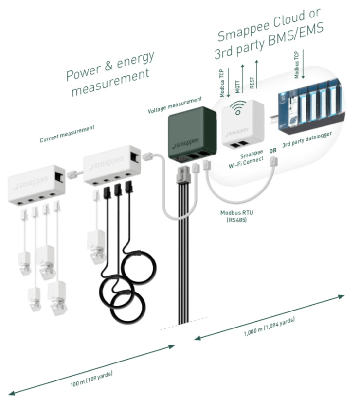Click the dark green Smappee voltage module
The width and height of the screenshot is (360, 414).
(x=193, y=135)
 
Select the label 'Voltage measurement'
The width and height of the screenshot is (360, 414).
(x=175, y=105)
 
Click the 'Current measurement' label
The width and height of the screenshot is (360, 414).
(x=67, y=134)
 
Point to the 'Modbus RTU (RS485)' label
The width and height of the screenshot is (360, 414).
(x=236, y=216)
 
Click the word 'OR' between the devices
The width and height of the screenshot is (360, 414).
(x=273, y=151)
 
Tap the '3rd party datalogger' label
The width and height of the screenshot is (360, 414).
(x=307, y=139)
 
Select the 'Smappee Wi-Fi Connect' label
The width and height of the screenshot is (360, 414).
(x=246, y=159)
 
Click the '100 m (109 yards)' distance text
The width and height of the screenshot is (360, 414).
(x=91, y=379)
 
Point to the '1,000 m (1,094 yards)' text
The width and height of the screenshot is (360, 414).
(x=269, y=327)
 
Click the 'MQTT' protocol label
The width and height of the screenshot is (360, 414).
(x=237, y=86)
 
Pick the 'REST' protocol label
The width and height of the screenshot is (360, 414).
(x=252, y=83)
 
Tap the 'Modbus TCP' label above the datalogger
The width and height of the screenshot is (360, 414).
(x=297, y=65)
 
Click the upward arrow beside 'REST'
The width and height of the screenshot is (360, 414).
(x=256, y=74)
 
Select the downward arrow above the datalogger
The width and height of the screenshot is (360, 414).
(x=303, y=64)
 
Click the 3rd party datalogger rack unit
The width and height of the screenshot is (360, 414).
(x=311, y=106)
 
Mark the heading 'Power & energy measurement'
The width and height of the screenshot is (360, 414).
(x=110, y=73)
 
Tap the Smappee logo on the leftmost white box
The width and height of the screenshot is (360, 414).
(x=31, y=182)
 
